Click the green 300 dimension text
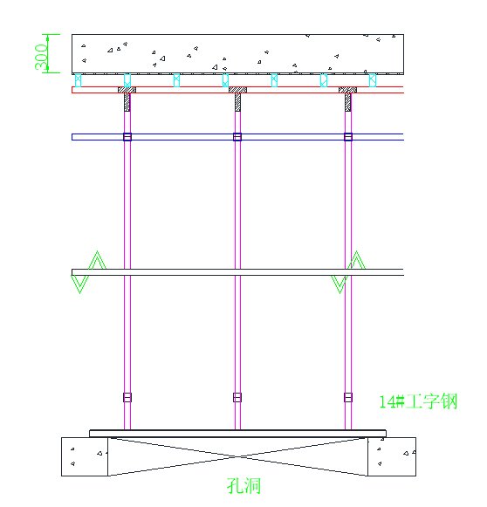pos(41,57)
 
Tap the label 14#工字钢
pos(418,401)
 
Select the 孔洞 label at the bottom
pos(243,486)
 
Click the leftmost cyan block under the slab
pos(78,80)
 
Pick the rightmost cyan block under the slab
pos(373,80)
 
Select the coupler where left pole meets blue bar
pos(127,137)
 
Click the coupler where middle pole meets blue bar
pos(237,137)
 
